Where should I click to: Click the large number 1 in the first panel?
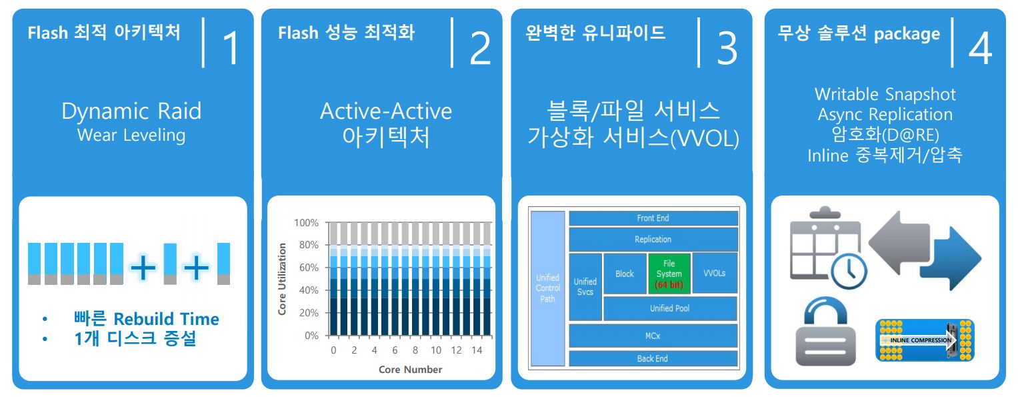coord(231,48)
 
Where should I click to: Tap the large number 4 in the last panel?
coord(980,48)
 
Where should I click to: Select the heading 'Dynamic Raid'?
coord(131,111)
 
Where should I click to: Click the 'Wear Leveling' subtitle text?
coord(131,135)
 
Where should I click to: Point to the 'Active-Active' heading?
coord(386,111)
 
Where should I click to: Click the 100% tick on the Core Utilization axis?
coord(306,223)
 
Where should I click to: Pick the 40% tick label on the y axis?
coord(309,290)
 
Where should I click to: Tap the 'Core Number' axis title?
coord(410,369)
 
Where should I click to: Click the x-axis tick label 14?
coord(477,350)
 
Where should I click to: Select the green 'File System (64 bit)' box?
coord(669,274)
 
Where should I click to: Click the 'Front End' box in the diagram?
coord(653,218)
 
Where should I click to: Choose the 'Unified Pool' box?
coord(670,308)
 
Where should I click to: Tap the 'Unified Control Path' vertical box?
coord(547,288)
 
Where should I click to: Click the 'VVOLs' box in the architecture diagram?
coord(715,274)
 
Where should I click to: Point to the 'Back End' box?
coord(653,358)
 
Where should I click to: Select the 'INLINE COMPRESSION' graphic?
coord(925,340)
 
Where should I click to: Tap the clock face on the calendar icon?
coord(849,271)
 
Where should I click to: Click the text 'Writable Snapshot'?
coord(885,94)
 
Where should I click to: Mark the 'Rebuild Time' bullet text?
coord(166,319)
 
